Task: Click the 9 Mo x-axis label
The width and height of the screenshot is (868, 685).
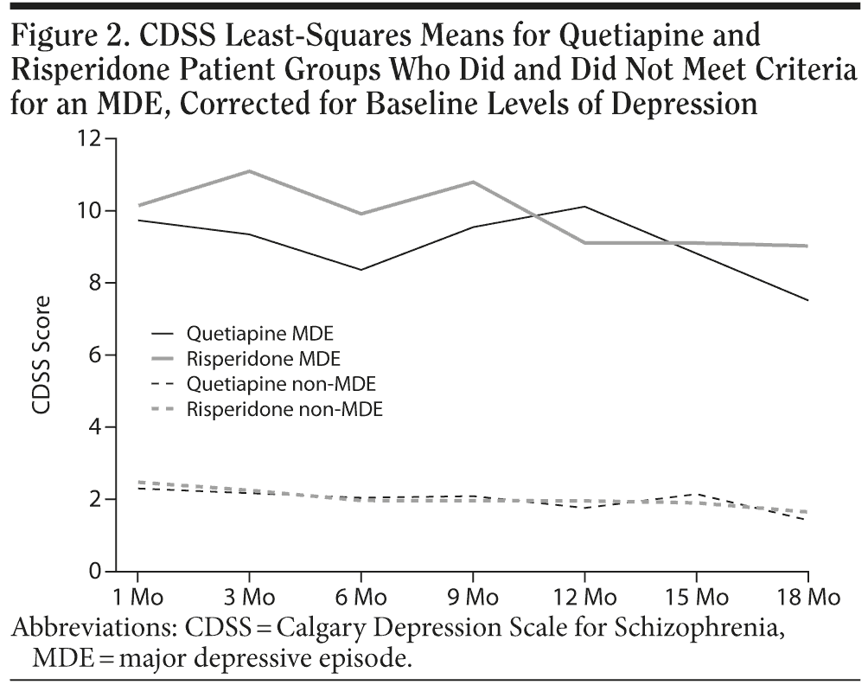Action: point(472,596)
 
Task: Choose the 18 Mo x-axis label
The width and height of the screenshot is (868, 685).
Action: point(807,596)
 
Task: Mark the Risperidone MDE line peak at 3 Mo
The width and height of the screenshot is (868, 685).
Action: point(249,171)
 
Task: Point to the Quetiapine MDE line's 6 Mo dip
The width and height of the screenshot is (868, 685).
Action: point(361,270)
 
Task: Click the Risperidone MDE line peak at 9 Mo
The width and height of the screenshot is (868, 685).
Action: point(473,182)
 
